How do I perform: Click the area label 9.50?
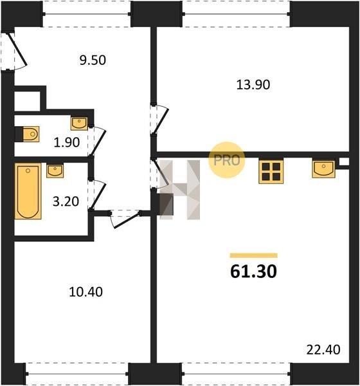point(93,60)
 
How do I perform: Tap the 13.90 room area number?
point(253,85)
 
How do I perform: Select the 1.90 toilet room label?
point(67,142)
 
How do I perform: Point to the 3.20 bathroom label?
point(66,201)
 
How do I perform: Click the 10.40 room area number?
point(86,292)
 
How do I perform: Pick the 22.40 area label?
point(323,349)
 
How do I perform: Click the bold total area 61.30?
point(254,271)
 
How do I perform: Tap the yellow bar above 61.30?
point(254,255)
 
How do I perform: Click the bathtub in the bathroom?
point(28,191)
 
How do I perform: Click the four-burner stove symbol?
point(271,171)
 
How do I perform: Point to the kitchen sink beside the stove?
point(323,169)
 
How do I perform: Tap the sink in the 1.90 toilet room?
point(79,124)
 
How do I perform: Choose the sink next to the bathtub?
point(55,171)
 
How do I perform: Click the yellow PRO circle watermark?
point(227,160)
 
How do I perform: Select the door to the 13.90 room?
point(161,120)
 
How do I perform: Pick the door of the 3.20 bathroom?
point(98,195)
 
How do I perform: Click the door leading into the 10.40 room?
point(126,219)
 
